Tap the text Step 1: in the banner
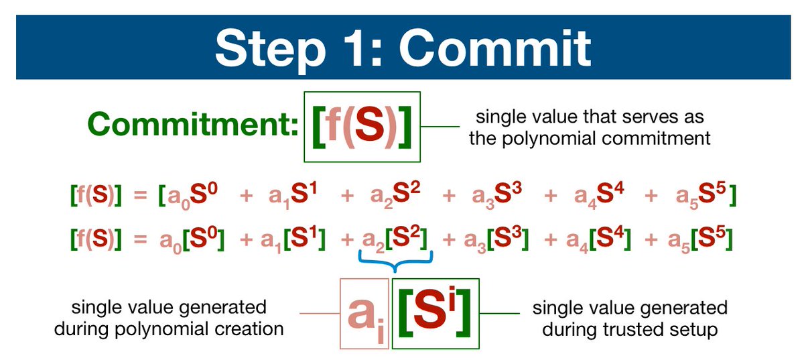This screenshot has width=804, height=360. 287,47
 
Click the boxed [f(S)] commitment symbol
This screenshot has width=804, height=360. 362,126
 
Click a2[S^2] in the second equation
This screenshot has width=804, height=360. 395,237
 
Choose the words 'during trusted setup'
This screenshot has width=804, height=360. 630,329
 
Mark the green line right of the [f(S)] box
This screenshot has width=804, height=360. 440,126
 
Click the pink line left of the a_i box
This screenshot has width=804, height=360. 319,314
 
